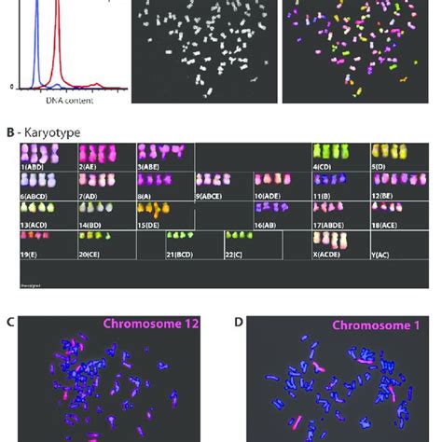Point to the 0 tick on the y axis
click(11, 86)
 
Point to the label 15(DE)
click(151, 225)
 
